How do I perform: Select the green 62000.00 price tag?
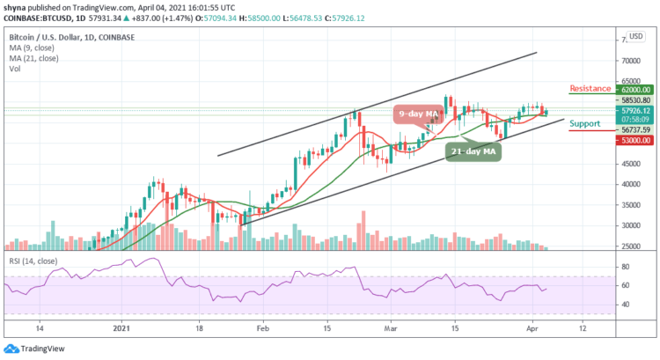pyautogui.click(x=634, y=90)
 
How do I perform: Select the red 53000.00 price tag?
pyautogui.click(x=634, y=139)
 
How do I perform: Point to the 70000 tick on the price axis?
pyautogui.click(x=627, y=62)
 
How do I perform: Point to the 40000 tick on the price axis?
pyautogui.click(x=627, y=185)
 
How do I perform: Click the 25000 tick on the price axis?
pyautogui.click(x=627, y=246)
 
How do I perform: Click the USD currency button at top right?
pyautogui.click(x=635, y=38)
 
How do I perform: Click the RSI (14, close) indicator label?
pyautogui.click(x=33, y=263)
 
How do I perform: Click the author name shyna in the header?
pyautogui.click(x=16, y=6)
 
